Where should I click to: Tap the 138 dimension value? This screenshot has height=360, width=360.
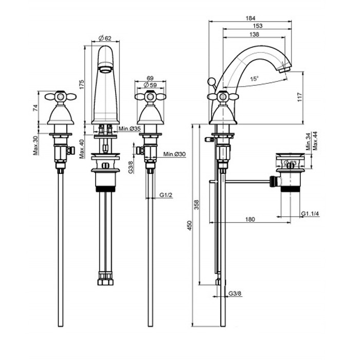point(254,34)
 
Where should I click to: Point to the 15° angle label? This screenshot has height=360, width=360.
point(255,79)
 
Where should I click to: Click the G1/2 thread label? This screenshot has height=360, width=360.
point(165,195)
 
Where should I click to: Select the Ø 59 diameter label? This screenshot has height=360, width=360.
point(150,84)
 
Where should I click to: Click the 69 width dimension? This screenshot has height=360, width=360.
point(150,77)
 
